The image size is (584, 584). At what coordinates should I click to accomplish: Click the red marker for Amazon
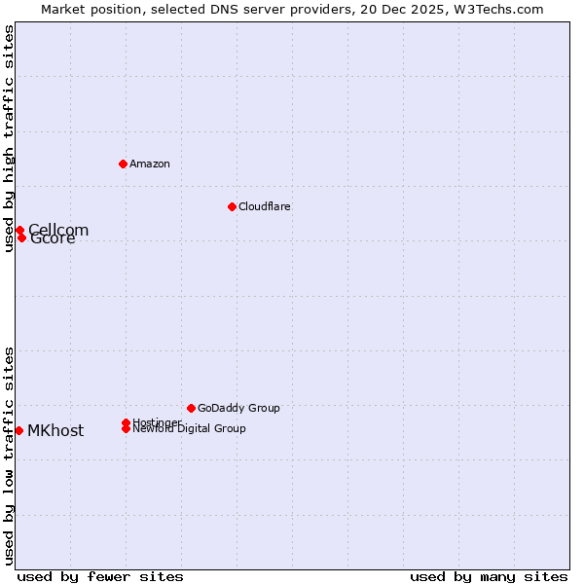tap(124, 164)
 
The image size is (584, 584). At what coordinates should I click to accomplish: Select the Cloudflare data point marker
tap(232, 206)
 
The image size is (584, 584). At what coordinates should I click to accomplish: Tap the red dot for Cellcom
tap(19, 231)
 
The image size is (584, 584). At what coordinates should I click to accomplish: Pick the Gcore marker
tap(21, 237)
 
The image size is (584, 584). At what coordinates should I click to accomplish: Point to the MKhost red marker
tap(18, 430)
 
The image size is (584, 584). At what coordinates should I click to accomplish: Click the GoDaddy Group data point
tap(191, 408)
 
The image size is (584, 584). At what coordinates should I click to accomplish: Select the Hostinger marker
tap(127, 422)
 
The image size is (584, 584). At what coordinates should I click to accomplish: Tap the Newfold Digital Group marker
tap(127, 428)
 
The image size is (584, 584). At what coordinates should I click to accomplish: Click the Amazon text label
tap(150, 164)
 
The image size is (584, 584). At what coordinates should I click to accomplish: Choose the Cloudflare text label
tap(265, 206)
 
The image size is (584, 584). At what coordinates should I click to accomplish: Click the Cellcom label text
tap(58, 230)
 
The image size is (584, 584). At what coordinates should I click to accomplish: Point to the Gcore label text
tap(54, 239)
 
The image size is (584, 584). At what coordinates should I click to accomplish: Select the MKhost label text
tap(55, 431)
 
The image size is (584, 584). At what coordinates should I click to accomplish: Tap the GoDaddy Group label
tap(238, 408)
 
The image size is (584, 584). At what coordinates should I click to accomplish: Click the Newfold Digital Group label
tap(189, 429)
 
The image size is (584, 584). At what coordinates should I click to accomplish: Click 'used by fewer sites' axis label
tap(100, 576)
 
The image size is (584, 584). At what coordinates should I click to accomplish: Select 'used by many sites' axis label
tap(489, 576)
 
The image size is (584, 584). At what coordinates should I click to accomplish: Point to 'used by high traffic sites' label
tap(9, 138)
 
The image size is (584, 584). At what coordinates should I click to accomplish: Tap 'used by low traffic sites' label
tap(9, 456)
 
